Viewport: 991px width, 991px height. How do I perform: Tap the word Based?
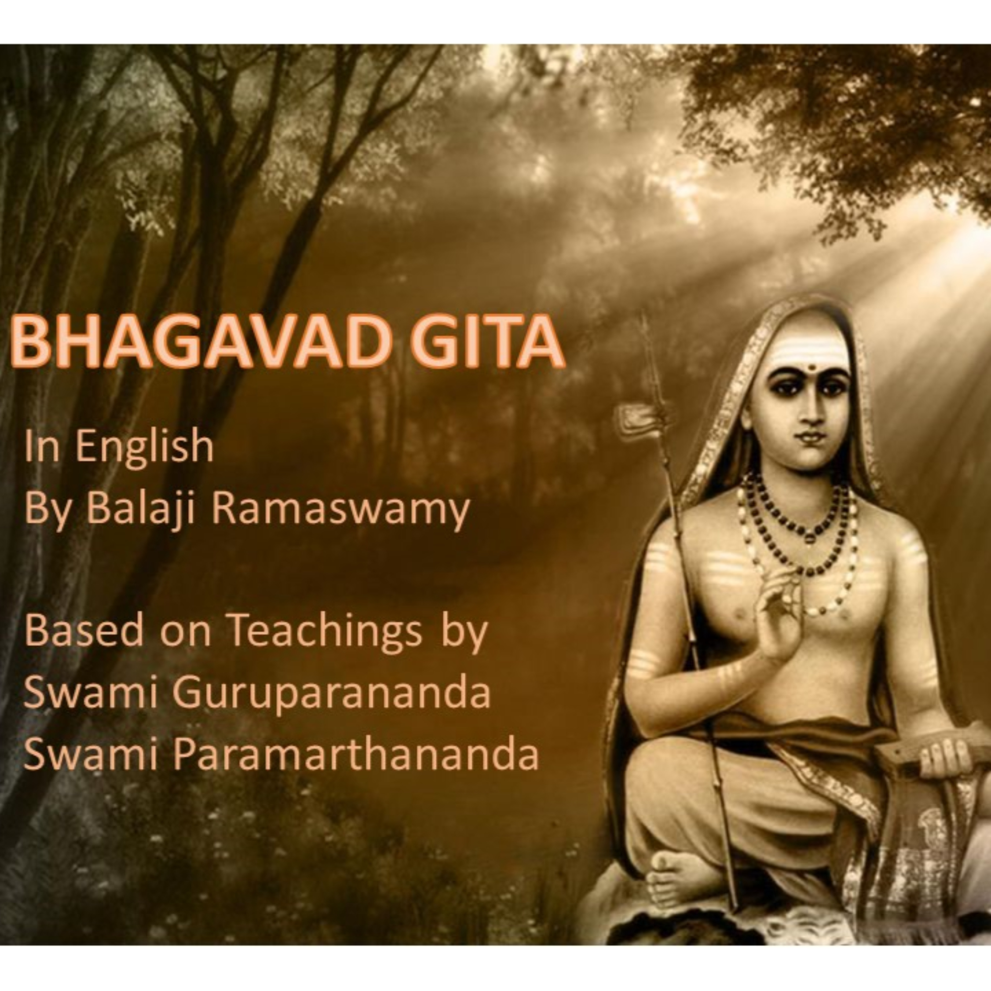click(x=84, y=631)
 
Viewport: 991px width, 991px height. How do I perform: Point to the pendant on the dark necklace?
click(x=809, y=537)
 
